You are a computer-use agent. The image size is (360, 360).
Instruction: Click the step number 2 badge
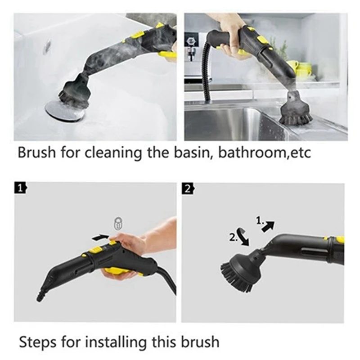coord(187,188)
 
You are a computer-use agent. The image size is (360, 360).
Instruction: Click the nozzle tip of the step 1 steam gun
coord(40,297)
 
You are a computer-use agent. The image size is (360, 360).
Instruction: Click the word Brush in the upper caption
coord(37,153)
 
